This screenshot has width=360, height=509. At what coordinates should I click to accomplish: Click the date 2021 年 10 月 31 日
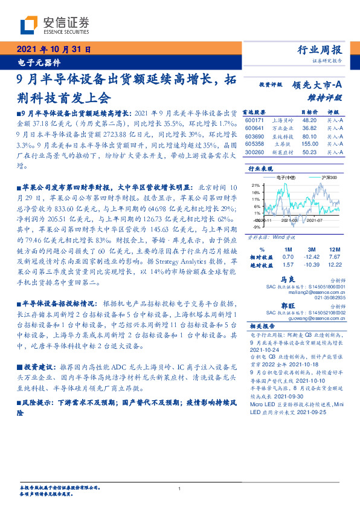(x=53, y=50)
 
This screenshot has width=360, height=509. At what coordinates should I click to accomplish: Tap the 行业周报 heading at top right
(x=320, y=50)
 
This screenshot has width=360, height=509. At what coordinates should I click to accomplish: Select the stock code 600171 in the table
(x=255, y=120)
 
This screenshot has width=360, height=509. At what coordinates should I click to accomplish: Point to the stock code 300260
(x=255, y=152)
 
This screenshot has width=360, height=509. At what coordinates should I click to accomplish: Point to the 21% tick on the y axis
(x=256, y=185)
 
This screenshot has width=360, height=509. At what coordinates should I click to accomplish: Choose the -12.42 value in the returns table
(x=312, y=257)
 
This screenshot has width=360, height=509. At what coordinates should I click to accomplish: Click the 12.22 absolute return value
(x=334, y=265)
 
